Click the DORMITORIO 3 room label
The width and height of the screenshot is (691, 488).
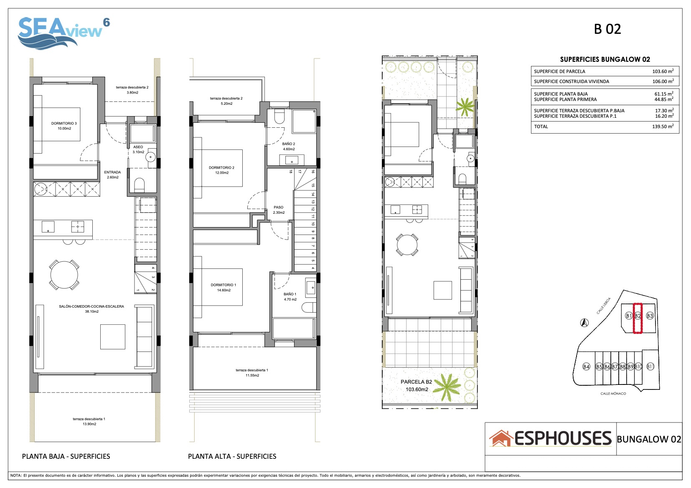click(64, 123)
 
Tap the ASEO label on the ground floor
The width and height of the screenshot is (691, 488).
click(138, 147)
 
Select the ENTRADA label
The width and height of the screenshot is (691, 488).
click(112, 172)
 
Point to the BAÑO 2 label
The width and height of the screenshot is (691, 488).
click(288, 144)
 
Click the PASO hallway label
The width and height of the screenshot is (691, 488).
click(278, 207)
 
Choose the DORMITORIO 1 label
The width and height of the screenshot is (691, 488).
click(224, 285)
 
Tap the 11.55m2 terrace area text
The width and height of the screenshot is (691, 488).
click(252, 375)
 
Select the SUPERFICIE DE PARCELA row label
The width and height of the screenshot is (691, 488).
click(559, 71)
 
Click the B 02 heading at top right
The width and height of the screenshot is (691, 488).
click(607, 29)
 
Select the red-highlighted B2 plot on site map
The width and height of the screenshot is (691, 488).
click(638, 318)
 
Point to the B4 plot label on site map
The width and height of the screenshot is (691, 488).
click(586, 367)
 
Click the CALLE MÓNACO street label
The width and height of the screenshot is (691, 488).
click(613, 394)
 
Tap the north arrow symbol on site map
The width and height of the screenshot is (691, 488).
click(584, 323)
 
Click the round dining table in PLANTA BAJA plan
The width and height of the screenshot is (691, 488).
click(64, 275)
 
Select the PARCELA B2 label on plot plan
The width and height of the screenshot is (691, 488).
click(416, 382)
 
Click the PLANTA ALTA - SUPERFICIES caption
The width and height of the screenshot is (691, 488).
click(232, 456)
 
